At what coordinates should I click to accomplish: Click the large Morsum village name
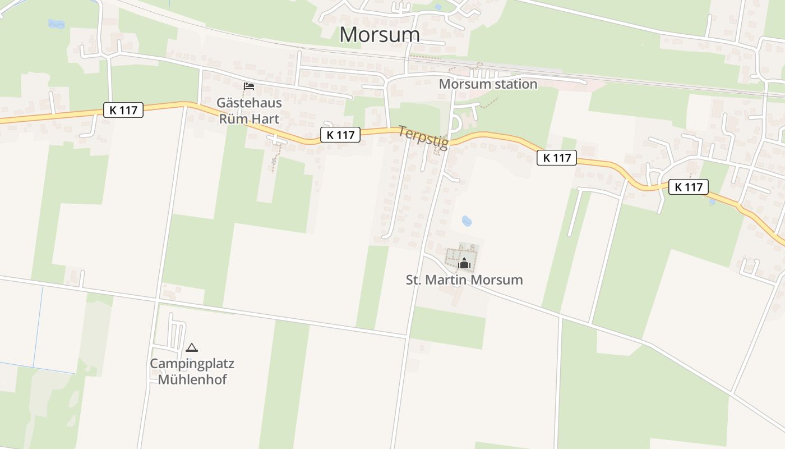click(380, 35)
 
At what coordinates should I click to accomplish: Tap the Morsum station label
click(488, 84)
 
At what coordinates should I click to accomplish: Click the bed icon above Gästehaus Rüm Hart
click(249, 86)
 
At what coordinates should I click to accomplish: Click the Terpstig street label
click(423, 138)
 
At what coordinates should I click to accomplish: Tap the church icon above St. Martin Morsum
click(464, 263)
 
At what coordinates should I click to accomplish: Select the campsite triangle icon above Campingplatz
click(192, 348)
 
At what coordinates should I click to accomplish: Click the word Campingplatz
click(192, 364)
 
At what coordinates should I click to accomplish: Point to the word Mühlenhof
click(192, 379)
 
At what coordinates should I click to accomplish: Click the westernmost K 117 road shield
click(123, 110)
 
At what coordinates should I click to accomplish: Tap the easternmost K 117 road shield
click(689, 187)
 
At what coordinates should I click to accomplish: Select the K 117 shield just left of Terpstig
click(340, 135)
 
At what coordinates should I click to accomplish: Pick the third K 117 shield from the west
click(557, 158)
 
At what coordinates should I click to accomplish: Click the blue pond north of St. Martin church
click(467, 221)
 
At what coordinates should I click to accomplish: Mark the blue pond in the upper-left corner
click(56, 24)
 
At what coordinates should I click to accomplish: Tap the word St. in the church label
click(413, 280)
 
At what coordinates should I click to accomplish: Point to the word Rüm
click(232, 119)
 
